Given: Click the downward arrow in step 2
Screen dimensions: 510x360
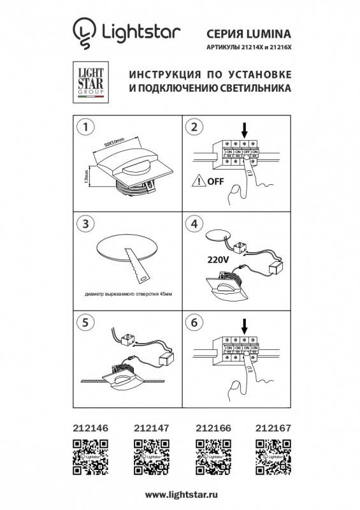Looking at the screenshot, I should pyautogui.click(x=245, y=129).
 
